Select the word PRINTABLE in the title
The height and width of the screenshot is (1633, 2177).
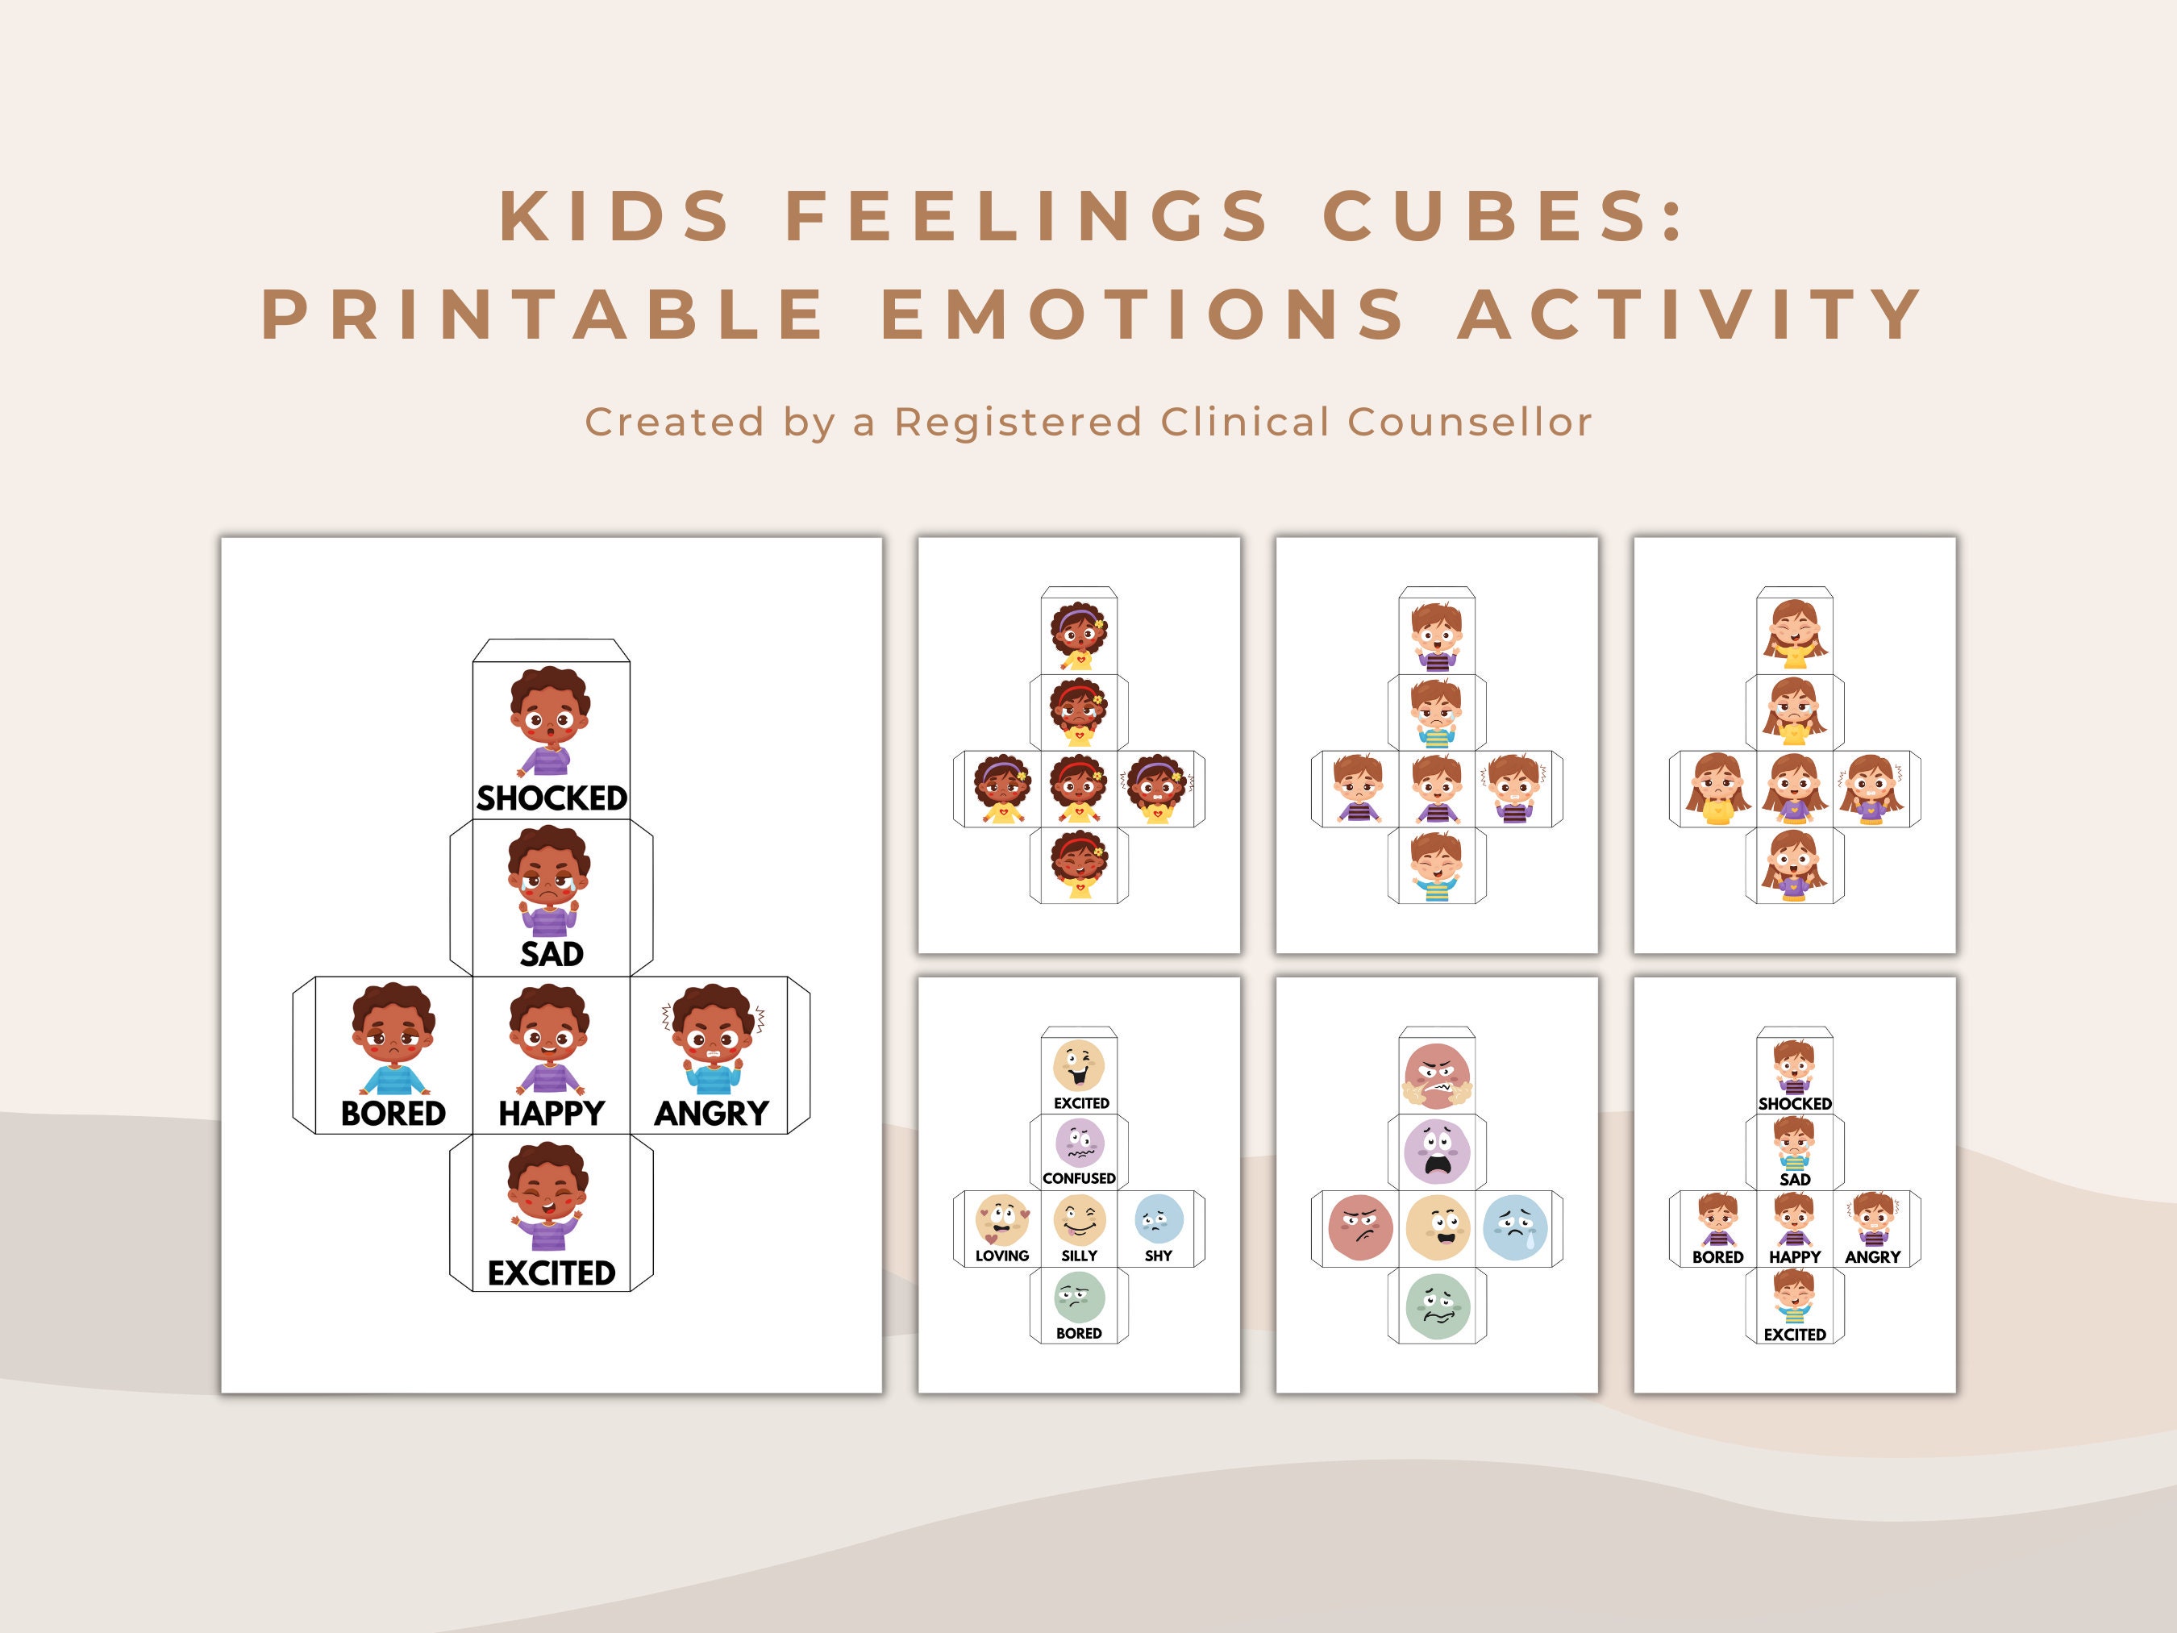[x=544, y=315]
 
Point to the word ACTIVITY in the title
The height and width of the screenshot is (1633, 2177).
[x=1690, y=315]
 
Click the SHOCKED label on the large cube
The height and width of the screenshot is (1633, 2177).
[x=552, y=798]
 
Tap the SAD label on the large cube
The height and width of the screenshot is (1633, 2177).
[x=552, y=954]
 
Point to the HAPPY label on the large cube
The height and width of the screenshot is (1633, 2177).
[x=552, y=1114]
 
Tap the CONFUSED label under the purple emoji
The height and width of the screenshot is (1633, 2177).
[x=1079, y=1178]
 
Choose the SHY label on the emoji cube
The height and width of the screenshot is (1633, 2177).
[x=1159, y=1256]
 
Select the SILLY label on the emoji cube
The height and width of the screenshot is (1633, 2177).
[x=1079, y=1256]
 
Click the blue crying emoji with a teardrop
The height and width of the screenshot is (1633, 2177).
[x=1516, y=1228]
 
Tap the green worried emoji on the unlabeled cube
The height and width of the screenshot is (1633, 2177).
[x=1437, y=1306]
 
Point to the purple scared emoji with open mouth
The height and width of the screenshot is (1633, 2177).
[x=1437, y=1151]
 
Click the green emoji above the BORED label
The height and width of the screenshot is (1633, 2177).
[x=1079, y=1298]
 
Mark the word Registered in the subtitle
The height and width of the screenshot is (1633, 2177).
[x=1018, y=423]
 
